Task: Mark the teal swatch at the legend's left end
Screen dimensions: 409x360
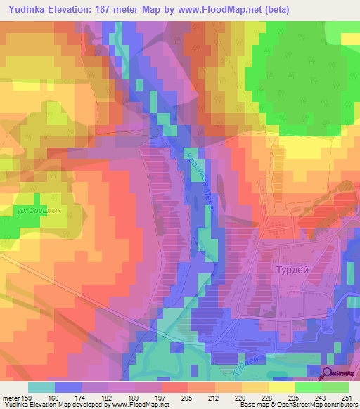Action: point(41,387)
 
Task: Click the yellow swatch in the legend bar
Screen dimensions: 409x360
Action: point(281,387)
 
